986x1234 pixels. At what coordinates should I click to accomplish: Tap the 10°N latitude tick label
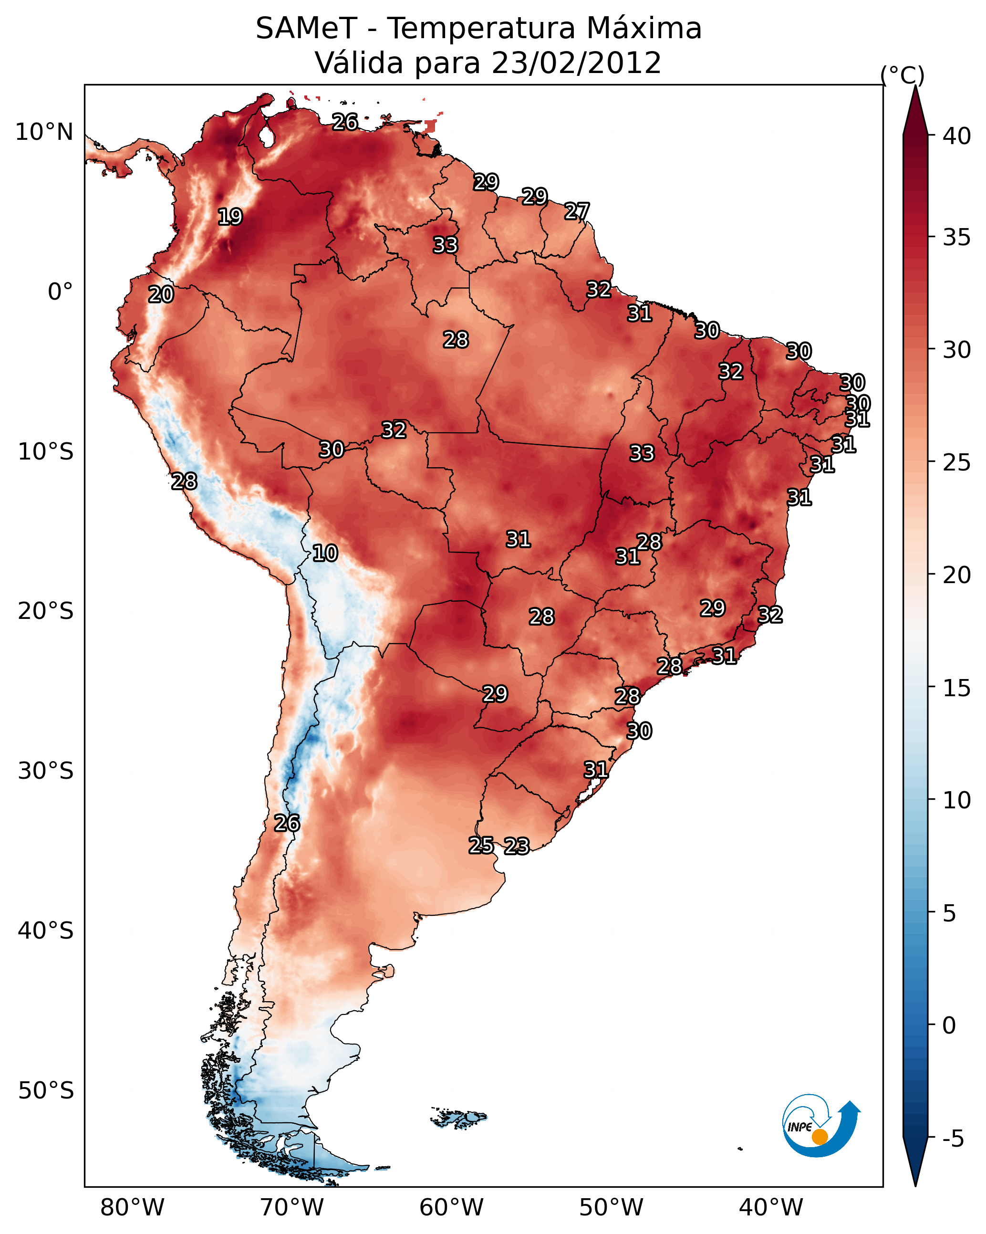click(x=44, y=132)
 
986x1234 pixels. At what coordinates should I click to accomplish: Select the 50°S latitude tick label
click(x=46, y=1090)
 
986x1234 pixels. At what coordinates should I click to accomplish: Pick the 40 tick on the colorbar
click(x=957, y=136)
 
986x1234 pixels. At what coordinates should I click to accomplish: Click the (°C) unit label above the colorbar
click(x=902, y=74)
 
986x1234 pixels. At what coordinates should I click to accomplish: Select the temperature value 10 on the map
click(x=325, y=553)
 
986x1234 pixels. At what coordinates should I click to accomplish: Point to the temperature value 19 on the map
click(x=230, y=217)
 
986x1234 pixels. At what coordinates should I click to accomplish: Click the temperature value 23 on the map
click(x=517, y=846)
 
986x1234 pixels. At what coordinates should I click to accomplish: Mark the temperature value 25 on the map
click(x=481, y=845)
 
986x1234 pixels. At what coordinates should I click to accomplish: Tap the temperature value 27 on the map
click(x=577, y=211)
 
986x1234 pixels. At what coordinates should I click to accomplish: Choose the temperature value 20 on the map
click(x=161, y=294)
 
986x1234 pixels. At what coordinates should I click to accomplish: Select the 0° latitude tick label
click(x=60, y=292)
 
